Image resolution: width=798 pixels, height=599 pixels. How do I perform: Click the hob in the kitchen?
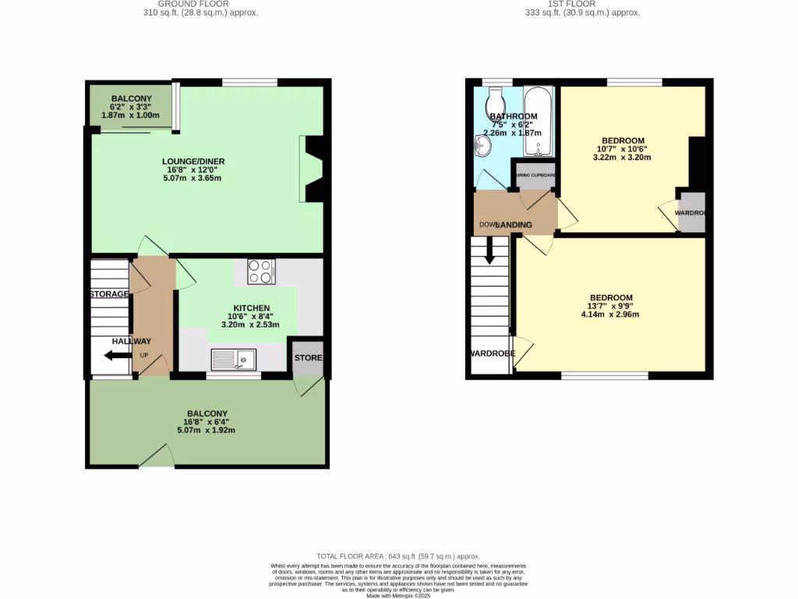coord(260,271)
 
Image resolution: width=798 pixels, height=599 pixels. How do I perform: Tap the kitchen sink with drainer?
coord(234,359)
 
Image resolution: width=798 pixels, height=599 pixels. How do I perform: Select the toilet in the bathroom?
coord(495,101)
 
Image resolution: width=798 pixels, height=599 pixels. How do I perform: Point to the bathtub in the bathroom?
coord(538,122)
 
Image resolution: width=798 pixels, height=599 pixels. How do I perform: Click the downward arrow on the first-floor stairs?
coord(489,251)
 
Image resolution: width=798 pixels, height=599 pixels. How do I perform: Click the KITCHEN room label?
coord(252,308)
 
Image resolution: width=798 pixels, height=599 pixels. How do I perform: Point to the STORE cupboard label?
coord(308,358)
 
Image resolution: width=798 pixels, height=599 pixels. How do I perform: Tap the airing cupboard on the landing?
coord(535,175)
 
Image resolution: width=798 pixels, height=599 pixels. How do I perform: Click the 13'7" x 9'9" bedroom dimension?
coord(611,307)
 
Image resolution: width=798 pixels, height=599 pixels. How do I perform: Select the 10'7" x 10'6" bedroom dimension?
coord(622,149)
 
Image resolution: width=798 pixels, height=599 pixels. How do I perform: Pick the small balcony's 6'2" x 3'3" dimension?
coord(131,107)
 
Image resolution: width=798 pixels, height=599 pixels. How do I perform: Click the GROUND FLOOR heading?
coord(200,4)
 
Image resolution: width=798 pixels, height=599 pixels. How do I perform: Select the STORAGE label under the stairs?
coord(109,294)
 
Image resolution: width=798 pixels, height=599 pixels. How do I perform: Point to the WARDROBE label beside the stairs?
coord(492,353)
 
